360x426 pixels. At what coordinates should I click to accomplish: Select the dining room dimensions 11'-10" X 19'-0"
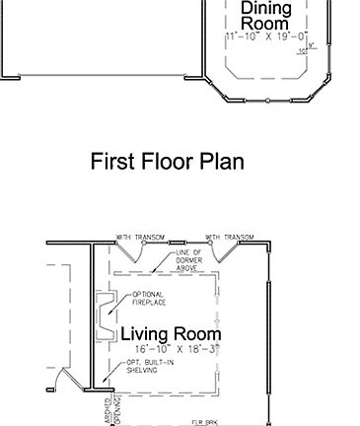click(266, 35)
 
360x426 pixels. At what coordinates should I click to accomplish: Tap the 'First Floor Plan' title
click(167, 161)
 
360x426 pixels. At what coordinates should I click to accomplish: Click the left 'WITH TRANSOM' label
click(138, 238)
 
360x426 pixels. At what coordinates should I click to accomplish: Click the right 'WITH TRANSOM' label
click(230, 238)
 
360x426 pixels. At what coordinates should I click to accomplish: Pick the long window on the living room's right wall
click(268, 335)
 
